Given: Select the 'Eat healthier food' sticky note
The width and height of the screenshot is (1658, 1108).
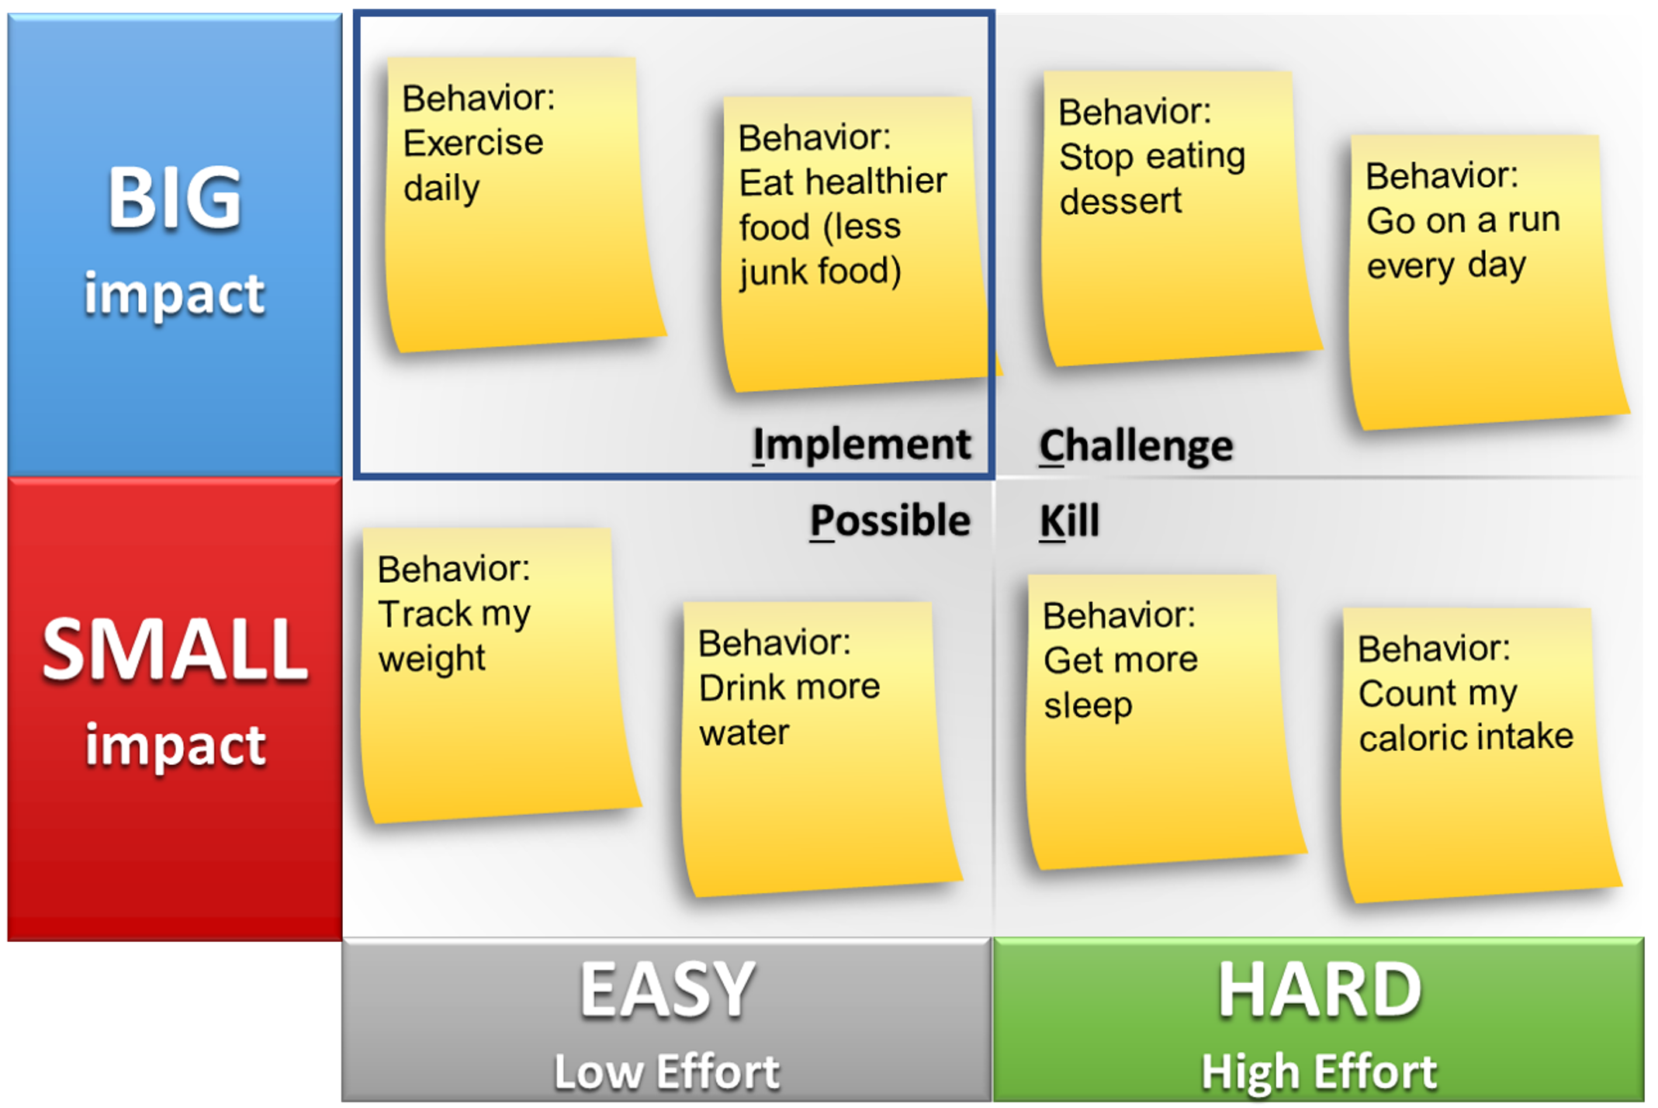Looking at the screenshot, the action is [857, 244].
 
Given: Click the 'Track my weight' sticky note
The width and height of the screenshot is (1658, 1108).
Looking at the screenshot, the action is [498, 675].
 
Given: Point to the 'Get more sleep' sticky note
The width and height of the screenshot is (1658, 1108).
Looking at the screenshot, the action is [1163, 722].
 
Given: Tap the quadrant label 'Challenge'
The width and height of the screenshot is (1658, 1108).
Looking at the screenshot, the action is [1136, 447].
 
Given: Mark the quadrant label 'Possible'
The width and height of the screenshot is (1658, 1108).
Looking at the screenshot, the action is [890, 521].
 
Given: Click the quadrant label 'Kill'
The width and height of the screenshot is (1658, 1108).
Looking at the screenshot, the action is [1069, 520].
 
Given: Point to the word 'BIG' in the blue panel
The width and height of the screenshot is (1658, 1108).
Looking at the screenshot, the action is [175, 199].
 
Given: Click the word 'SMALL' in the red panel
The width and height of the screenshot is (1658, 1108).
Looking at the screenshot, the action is [175, 650].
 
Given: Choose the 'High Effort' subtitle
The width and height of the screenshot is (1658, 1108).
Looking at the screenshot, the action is [1319, 1072].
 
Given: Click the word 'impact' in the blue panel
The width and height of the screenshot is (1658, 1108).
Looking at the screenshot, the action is [175, 294].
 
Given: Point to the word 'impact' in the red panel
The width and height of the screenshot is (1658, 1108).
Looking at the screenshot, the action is [175, 746].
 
